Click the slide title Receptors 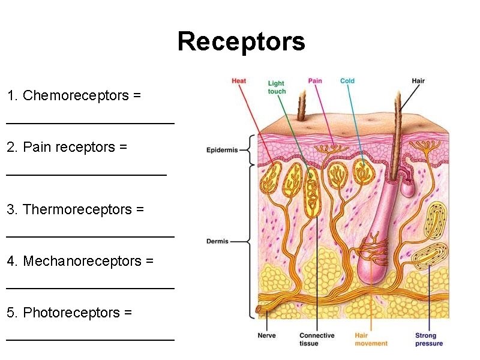coord(241,42)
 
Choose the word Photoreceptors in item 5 coord(64,313)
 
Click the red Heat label coord(239,81)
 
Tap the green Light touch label coord(277,88)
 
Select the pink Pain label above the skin coord(315,81)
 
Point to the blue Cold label coord(347,81)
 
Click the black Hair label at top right coord(418,81)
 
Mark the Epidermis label coord(222,150)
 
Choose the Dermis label coord(217,241)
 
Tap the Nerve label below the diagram coord(266,335)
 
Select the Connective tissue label coord(317,340)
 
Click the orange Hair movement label coord(371,340)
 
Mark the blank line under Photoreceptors coord(90,340)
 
